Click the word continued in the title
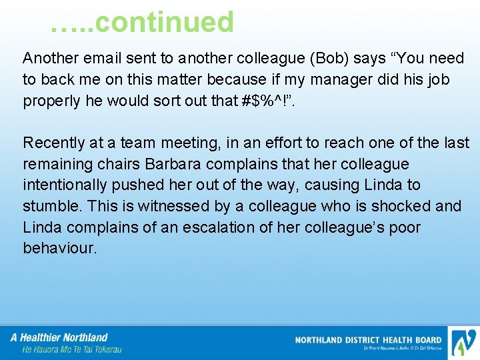[165, 23]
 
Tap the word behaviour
[59, 249]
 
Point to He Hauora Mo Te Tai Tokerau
[71, 349]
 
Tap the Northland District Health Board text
[368, 340]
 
